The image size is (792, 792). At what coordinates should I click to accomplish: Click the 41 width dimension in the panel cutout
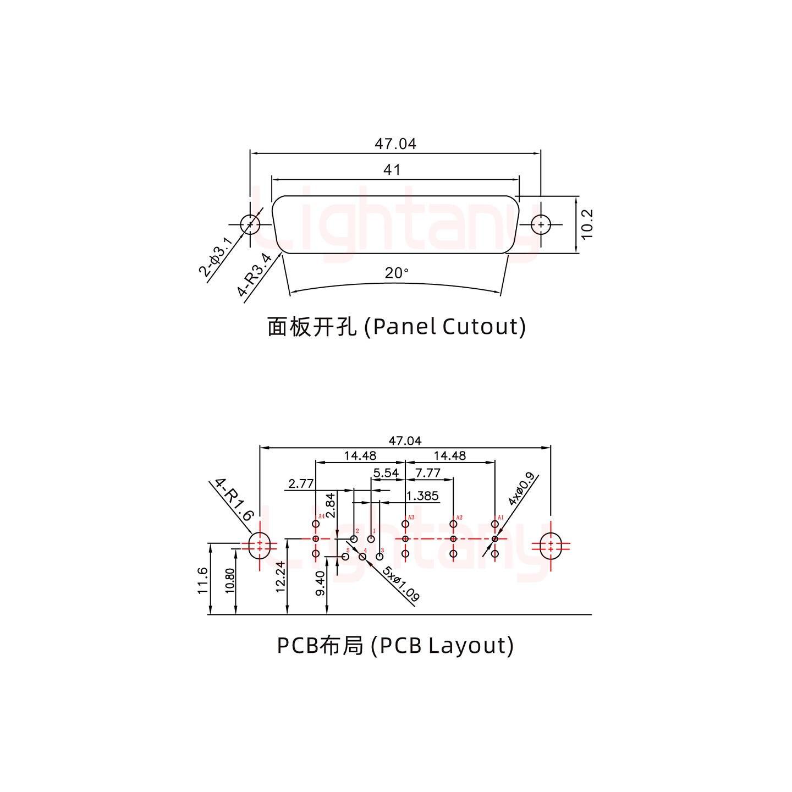tap(392, 170)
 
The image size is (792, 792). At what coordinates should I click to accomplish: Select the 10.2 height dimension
tap(587, 224)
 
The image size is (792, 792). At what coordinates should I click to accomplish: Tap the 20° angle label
tap(397, 273)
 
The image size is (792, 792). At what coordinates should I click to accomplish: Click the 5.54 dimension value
tap(386, 473)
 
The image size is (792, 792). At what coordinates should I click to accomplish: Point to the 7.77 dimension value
tap(428, 473)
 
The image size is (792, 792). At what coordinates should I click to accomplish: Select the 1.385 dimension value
tap(422, 496)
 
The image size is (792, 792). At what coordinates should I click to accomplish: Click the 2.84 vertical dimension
tap(331, 506)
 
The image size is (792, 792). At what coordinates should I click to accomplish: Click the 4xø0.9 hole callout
tap(520, 489)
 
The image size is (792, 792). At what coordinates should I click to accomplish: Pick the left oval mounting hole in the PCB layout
tap(260, 546)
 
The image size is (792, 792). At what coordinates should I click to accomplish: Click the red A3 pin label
tap(411, 518)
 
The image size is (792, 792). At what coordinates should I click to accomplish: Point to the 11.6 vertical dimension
tap(202, 580)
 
